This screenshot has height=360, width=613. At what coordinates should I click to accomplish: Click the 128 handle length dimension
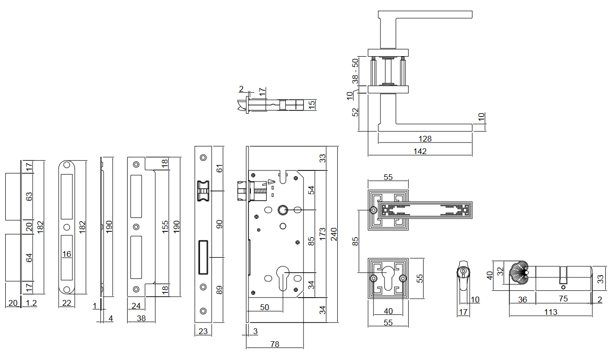point(425,139)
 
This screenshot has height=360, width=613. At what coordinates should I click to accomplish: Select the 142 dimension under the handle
point(420,151)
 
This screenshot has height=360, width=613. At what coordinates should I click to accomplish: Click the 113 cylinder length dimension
point(551,312)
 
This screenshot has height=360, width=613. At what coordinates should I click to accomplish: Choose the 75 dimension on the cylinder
point(563,299)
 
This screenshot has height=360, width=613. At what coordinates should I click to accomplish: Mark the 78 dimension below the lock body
point(274,344)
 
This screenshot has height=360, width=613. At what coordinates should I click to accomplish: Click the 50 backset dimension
point(264,307)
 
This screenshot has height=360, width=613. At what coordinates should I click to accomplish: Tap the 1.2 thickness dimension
point(31,303)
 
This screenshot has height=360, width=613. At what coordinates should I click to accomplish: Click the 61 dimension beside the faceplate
point(220,168)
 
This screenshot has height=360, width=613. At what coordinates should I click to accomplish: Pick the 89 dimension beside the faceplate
point(220,290)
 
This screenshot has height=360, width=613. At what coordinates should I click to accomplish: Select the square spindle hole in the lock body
point(282,210)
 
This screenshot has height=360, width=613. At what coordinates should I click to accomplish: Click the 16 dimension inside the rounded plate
point(67,254)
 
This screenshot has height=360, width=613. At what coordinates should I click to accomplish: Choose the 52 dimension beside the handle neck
point(355,112)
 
